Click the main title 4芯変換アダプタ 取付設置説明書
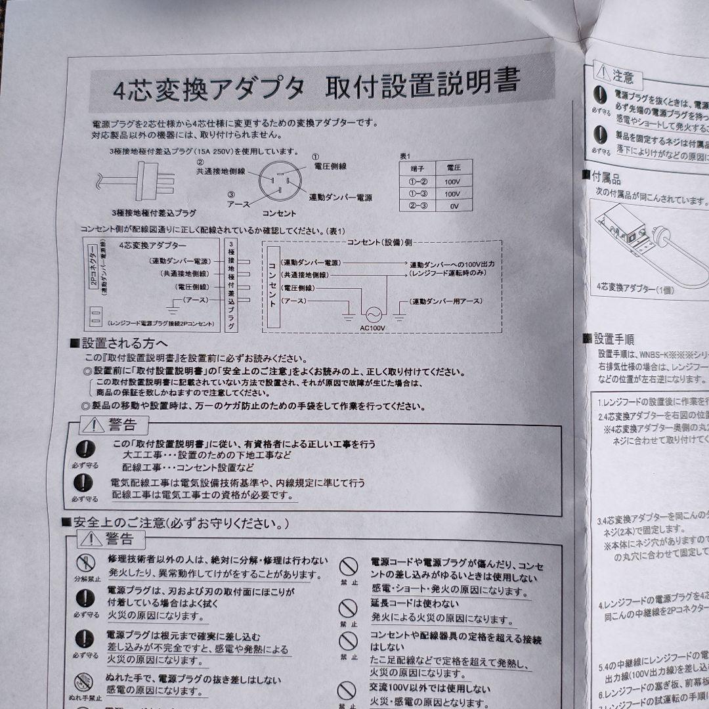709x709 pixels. click(315, 86)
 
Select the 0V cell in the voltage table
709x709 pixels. click(452, 207)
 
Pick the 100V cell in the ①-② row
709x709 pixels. click(452, 182)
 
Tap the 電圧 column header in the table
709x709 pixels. click(452, 169)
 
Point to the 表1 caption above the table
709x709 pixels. click(404, 156)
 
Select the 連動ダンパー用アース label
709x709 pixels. click(446, 301)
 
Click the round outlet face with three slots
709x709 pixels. click(279, 183)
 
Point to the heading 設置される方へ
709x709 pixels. click(123, 343)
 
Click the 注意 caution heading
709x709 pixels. click(623, 77)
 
